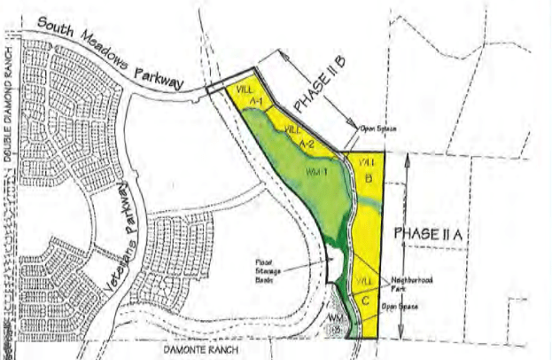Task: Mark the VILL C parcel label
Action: pos(365,290)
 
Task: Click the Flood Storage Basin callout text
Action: pos(268,269)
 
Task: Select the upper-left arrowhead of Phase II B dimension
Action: pos(284,55)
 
